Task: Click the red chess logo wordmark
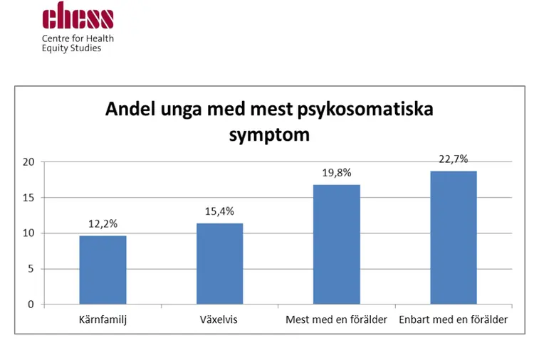click(x=78, y=16)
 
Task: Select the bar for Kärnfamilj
click(x=103, y=270)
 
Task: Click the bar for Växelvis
click(x=220, y=264)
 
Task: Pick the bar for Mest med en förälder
click(x=337, y=244)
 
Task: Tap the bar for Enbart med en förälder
click(x=454, y=238)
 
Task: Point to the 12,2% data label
click(x=103, y=224)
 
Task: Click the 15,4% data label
click(x=220, y=211)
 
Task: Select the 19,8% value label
click(x=337, y=173)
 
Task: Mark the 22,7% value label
click(x=454, y=159)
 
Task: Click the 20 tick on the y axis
click(x=28, y=162)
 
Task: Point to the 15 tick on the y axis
click(x=28, y=198)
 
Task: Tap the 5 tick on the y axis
click(x=31, y=269)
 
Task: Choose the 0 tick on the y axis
click(x=31, y=305)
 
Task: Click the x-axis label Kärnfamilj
click(x=103, y=320)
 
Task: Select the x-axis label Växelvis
click(x=219, y=320)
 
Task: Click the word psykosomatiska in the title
click(x=365, y=110)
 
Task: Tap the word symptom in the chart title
click(x=269, y=135)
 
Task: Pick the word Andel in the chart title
click(x=130, y=109)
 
